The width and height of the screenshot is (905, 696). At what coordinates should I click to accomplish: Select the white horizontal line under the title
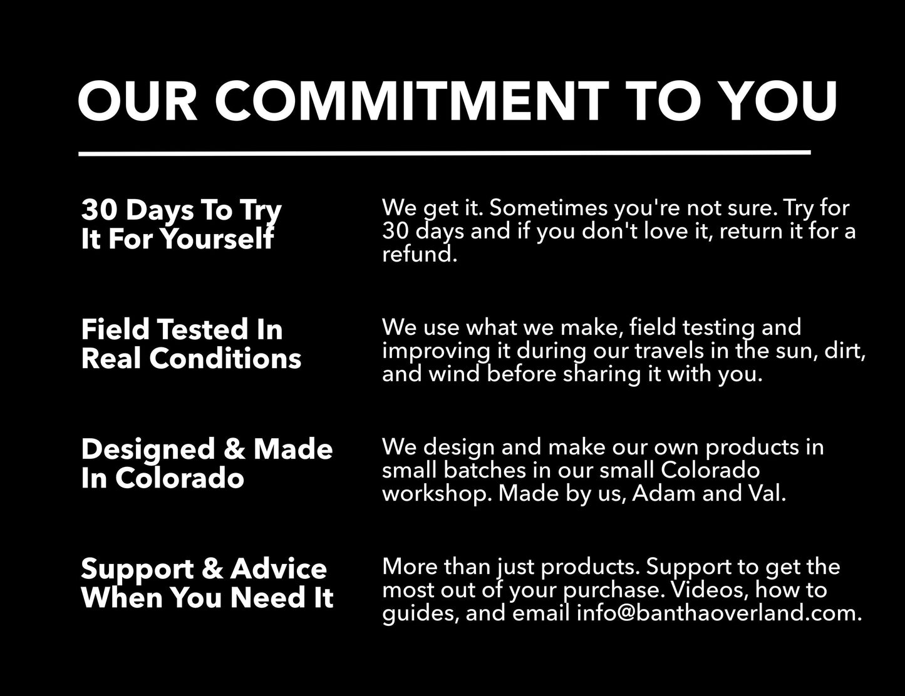pyautogui.click(x=445, y=153)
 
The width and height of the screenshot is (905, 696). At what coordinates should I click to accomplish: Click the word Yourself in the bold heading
pyautogui.click(x=217, y=239)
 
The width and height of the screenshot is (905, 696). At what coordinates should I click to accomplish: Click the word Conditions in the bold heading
pyautogui.click(x=225, y=358)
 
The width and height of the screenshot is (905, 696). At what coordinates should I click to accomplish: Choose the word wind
pyautogui.click(x=454, y=374)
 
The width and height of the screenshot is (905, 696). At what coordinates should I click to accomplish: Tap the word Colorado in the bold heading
pyautogui.click(x=180, y=478)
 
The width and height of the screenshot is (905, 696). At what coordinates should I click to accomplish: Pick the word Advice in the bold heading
pyautogui.click(x=279, y=569)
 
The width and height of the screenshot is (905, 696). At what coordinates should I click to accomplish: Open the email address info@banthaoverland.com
pyautogui.click(x=719, y=613)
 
